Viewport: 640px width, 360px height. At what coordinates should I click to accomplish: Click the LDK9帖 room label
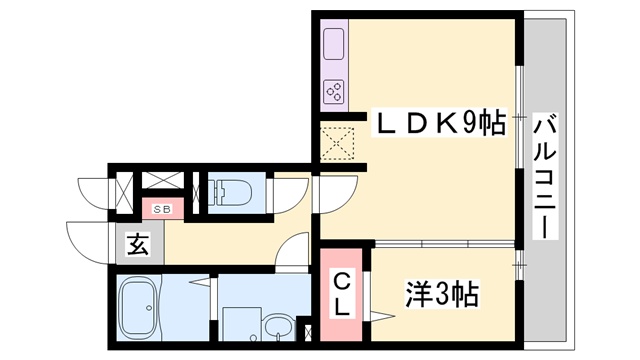pyautogui.click(x=439, y=122)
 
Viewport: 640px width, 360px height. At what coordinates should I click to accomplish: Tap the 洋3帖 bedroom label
pyautogui.click(x=442, y=294)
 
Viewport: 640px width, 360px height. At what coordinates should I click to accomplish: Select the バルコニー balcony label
pyautogui.click(x=545, y=177)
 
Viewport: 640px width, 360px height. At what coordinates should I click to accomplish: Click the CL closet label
pyautogui.click(x=342, y=295)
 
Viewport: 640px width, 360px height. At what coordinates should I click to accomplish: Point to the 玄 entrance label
pyautogui.click(x=138, y=244)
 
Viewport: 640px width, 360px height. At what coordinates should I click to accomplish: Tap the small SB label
pyautogui.click(x=162, y=209)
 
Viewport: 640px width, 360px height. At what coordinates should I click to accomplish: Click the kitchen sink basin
pyautogui.click(x=334, y=44)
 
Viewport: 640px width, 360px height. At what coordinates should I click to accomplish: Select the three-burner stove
pyautogui.click(x=334, y=92)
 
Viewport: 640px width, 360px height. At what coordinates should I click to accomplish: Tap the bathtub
pyautogui.click(x=139, y=307)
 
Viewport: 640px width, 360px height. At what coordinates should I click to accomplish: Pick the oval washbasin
pyautogui.click(x=278, y=327)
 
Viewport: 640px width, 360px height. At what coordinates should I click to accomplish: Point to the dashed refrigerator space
pyautogui.click(x=337, y=144)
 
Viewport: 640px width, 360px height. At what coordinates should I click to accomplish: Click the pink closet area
pyautogui.click(x=341, y=294)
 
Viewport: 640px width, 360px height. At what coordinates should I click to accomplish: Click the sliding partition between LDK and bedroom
pyautogui.click(x=445, y=244)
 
